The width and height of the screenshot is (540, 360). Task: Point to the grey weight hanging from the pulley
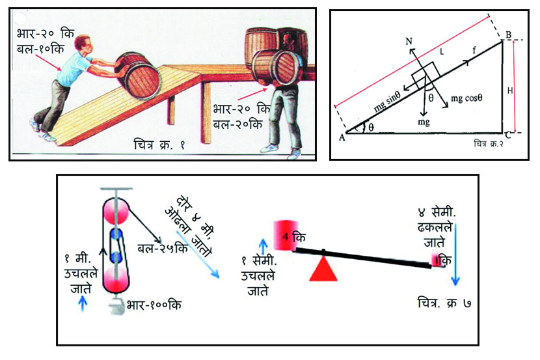click(117, 307)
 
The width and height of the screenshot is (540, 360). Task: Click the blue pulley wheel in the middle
click(117, 235)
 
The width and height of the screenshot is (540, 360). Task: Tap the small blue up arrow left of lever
click(263, 245)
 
